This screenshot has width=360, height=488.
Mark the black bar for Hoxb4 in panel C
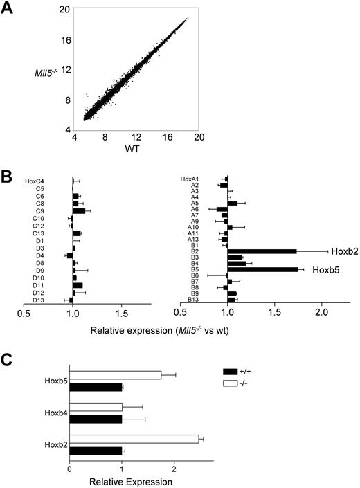point(96,419)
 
